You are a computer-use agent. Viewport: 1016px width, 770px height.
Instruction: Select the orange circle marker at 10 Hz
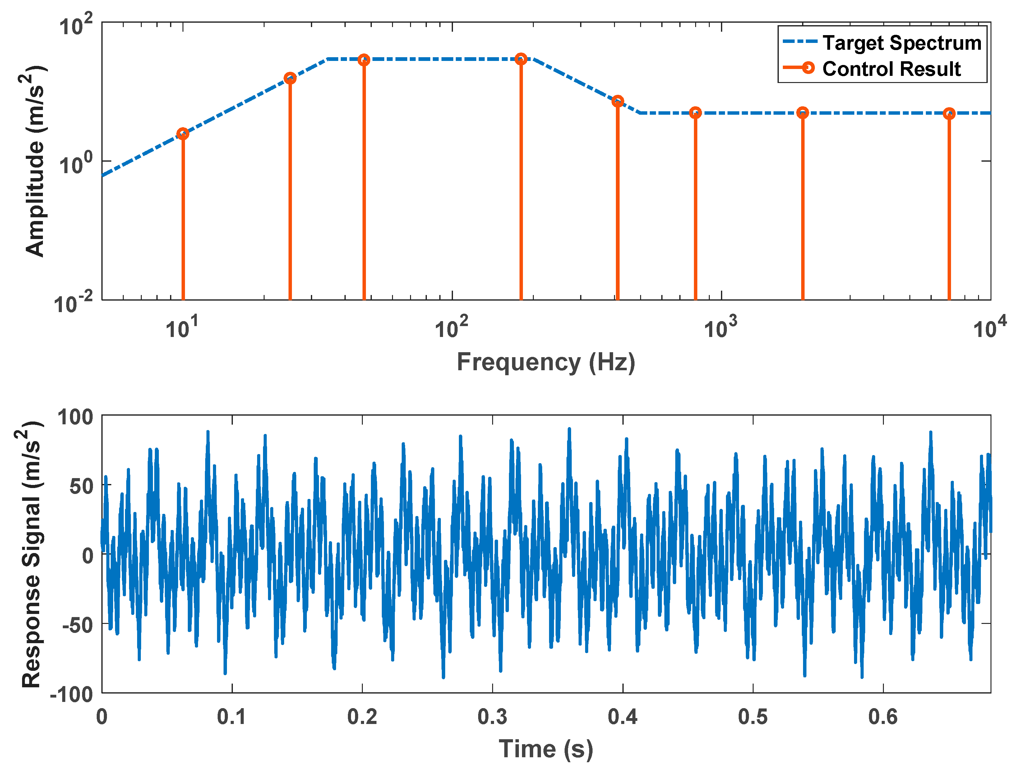pos(183,134)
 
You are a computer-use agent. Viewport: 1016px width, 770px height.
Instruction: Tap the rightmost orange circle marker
pos(949,113)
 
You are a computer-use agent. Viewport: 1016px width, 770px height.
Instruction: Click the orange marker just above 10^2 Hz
pos(520,59)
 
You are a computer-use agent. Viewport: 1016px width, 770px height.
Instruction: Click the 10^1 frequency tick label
pos(182,327)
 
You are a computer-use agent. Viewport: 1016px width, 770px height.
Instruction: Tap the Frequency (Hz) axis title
pos(546,362)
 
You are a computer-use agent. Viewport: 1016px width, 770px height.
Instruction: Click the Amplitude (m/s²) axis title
pos(35,161)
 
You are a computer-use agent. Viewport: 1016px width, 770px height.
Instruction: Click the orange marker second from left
pos(290,78)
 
